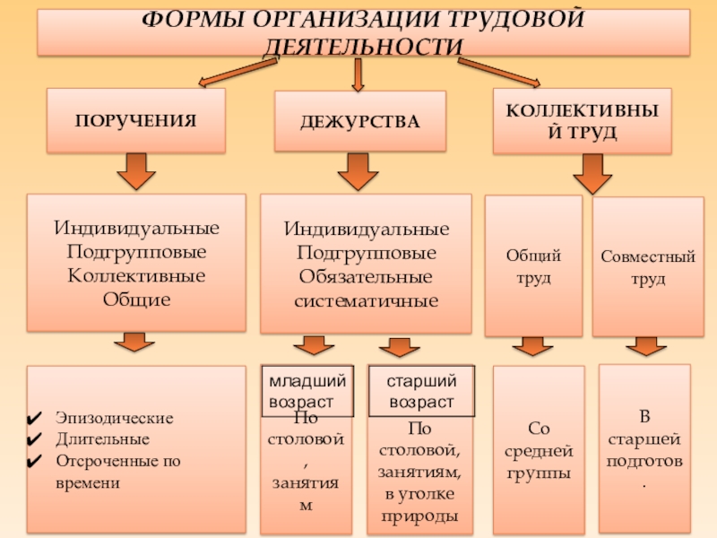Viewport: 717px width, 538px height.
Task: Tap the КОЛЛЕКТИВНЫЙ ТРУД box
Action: coord(582,120)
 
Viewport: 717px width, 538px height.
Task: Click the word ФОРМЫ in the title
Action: coord(197,19)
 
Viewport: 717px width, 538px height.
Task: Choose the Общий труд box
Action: coord(533,266)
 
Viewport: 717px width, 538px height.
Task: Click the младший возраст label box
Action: coord(307,391)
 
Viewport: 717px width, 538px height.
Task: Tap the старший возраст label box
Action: coord(421,391)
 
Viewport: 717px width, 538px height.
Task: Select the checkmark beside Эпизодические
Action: coord(35,419)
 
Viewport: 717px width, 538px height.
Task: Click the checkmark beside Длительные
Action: coord(35,440)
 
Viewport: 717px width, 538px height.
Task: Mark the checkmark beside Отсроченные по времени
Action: coord(35,462)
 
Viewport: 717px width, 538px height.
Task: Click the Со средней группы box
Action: coord(539,448)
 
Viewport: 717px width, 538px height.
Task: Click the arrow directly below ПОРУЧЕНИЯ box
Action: coord(135,171)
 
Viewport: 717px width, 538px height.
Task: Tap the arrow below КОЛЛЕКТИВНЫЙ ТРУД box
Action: coord(592,173)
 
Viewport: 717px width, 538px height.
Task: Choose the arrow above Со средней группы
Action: coord(531,346)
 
